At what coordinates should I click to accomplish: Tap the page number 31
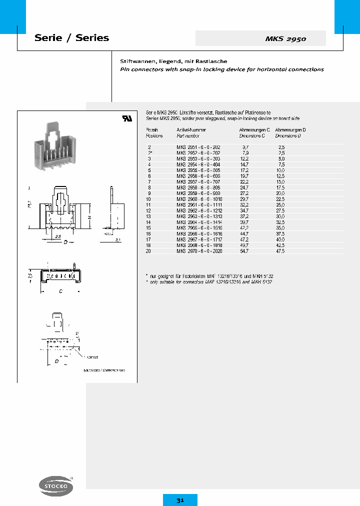[180, 500]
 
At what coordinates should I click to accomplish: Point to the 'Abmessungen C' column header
[254, 130]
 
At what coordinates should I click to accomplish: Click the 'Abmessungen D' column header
[290, 130]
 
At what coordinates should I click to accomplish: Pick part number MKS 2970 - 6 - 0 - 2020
[199, 251]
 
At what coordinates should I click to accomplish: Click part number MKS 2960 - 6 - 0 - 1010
[199, 199]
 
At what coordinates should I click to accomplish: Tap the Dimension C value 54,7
[245, 251]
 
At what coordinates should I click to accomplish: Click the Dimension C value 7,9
[245, 152]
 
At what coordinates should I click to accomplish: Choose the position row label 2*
[149, 152]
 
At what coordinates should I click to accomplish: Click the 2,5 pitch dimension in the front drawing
[58, 236]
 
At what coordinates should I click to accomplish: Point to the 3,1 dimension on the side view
[118, 240]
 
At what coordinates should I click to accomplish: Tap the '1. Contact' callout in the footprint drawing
[91, 357]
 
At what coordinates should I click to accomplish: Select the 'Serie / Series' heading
[71, 38]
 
